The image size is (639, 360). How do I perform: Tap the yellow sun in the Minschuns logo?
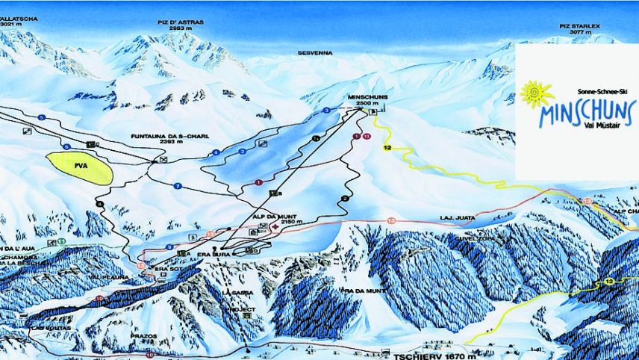(x=536, y=95)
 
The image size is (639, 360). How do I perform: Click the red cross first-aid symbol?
(x=276, y=226)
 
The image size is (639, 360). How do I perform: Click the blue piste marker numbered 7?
(x=178, y=185)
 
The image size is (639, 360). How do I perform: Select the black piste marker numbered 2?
(x=345, y=198)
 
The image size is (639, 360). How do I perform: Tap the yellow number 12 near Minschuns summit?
(x=387, y=149)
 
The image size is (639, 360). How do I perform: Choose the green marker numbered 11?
(x=60, y=241)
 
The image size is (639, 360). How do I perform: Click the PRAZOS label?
(x=147, y=336)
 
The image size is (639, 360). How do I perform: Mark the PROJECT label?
(x=243, y=308)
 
